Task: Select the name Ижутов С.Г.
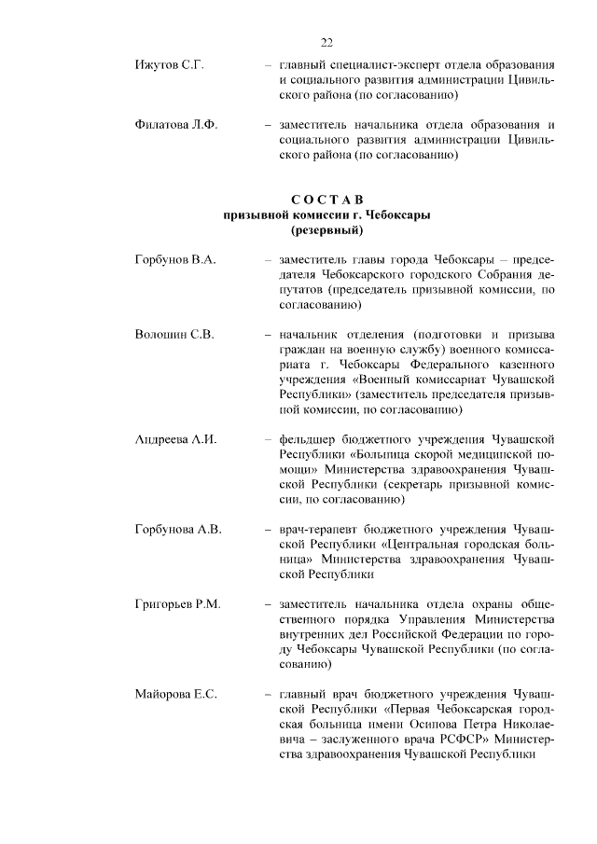169,65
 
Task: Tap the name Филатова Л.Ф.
175,126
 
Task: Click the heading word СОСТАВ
326,200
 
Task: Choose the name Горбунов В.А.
175,258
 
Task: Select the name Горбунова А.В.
178,530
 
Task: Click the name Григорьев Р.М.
178,605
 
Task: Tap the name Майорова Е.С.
175,695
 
